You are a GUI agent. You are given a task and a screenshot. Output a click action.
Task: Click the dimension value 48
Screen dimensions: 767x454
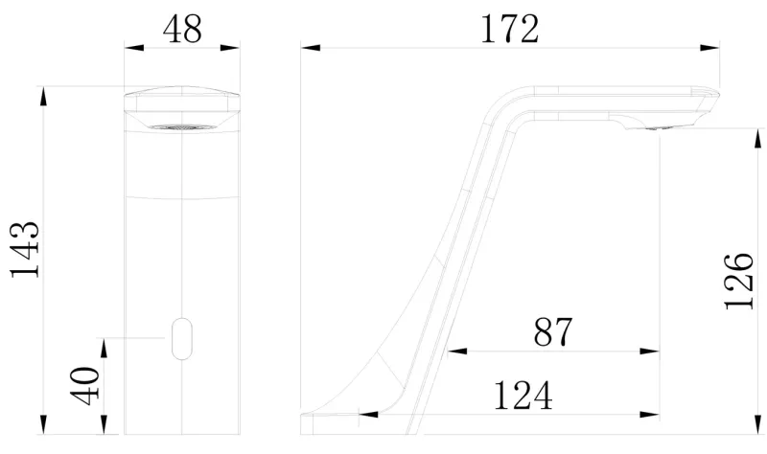182,29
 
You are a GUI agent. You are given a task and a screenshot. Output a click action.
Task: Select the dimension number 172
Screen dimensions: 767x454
510,29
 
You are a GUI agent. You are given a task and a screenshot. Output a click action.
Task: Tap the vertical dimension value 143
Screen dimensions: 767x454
25,250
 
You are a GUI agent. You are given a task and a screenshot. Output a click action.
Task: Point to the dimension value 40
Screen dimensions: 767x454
84,386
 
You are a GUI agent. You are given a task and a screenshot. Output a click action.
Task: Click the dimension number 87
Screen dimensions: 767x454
553,331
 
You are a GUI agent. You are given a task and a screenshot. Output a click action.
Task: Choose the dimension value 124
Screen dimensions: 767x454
523,396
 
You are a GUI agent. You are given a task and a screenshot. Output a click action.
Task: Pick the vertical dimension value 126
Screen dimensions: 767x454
738,282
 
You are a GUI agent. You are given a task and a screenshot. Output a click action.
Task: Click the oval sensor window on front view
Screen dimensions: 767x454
182,339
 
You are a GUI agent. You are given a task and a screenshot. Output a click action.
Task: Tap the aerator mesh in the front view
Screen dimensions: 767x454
181,127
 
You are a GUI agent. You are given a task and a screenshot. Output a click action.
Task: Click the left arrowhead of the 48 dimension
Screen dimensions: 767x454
134,47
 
